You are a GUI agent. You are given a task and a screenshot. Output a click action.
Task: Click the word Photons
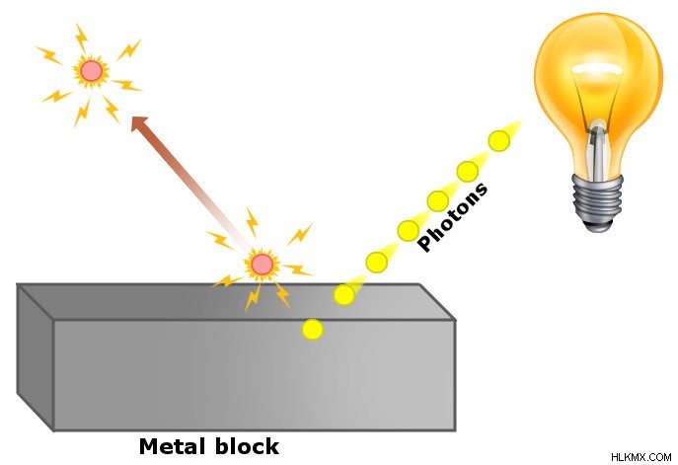point(452,217)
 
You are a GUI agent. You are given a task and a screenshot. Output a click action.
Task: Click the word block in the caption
point(247,446)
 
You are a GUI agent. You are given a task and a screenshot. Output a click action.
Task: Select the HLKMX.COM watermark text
point(640,457)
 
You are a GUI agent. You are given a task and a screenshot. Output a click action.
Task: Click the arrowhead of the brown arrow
point(140,124)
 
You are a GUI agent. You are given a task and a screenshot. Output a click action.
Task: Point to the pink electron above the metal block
point(263,265)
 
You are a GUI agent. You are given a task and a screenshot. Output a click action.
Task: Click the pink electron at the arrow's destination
point(91,71)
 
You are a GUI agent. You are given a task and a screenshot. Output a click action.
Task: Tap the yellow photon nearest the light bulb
point(499,141)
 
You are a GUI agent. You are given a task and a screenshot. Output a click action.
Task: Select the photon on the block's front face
point(312,330)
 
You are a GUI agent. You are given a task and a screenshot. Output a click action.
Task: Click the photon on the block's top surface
point(344,295)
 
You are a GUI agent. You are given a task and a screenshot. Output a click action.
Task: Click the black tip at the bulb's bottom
point(598,226)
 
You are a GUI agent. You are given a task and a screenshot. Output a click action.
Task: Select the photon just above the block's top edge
point(377,263)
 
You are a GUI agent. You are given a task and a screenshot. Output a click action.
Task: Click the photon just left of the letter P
point(409,231)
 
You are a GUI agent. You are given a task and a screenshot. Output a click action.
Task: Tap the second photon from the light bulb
point(468,172)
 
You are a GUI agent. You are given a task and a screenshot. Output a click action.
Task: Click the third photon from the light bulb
point(437,201)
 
